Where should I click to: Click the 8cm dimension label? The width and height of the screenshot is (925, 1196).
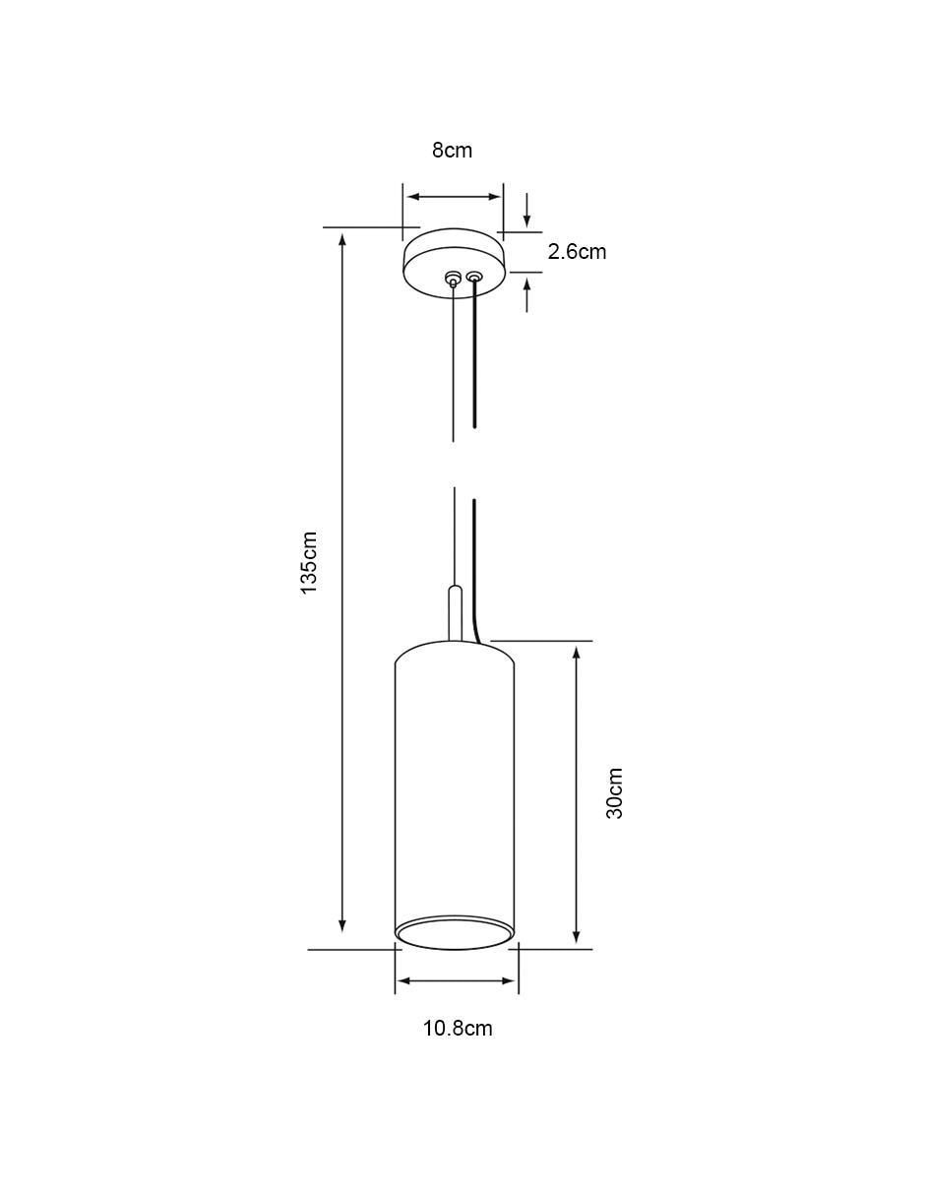coord(452,150)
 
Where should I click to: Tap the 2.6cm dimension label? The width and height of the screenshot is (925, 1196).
coord(577,252)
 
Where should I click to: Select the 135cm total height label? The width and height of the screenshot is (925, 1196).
coord(310,562)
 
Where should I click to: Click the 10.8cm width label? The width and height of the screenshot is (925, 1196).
coord(458,1028)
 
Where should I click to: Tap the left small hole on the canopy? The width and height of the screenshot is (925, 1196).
coord(453,278)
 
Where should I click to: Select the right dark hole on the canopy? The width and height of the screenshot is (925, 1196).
coord(473,277)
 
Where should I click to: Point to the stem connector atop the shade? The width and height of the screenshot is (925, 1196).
coord(455,613)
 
